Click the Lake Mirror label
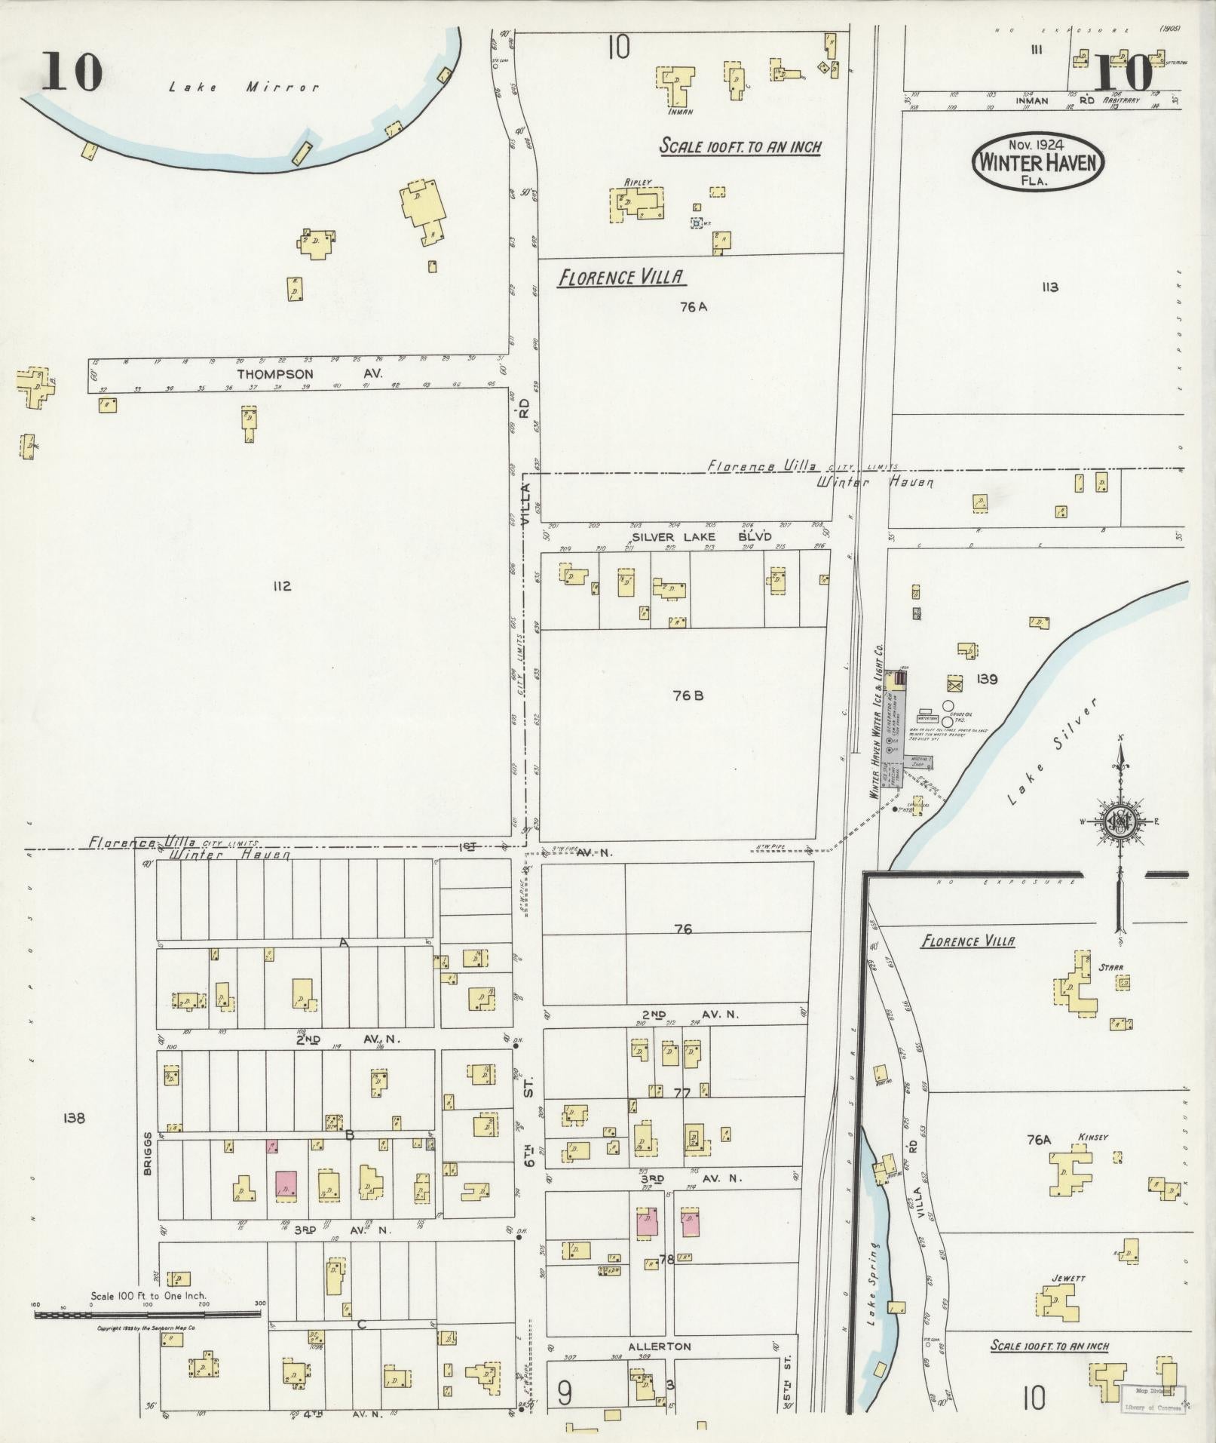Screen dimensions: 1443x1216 [244, 88]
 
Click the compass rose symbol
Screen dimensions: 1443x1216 [1120, 821]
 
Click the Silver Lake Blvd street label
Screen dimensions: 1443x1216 [701, 537]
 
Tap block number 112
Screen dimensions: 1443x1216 [282, 586]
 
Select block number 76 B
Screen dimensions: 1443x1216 [688, 695]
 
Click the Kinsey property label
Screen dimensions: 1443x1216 [1092, 1137]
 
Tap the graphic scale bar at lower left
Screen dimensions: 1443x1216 [147, 1314]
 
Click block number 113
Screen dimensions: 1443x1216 [1049, 287]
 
